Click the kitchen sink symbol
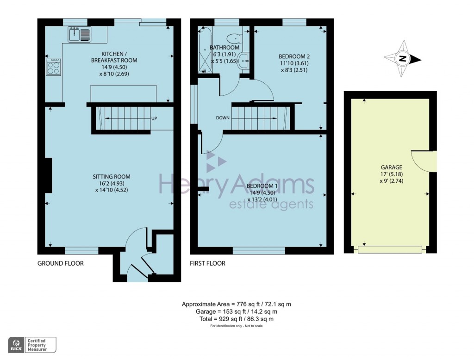pyautogui.click(x=80, y=34)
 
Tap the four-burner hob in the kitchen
pyautogui.click(x=53, y=68)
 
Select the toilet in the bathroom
pyautogui.click(x=234, y=38)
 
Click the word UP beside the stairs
pyautogui.click(x=154, y=118)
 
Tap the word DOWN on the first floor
pyautogui.click(x=223, y=118)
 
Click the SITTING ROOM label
pyautogui.click(x=112, y=177)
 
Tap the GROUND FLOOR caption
pyautogui.click(x=61, y=263)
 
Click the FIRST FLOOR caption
pyautogui.click(x=208, y=263)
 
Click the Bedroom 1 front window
pyautogui.click(x=259, y=251)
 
